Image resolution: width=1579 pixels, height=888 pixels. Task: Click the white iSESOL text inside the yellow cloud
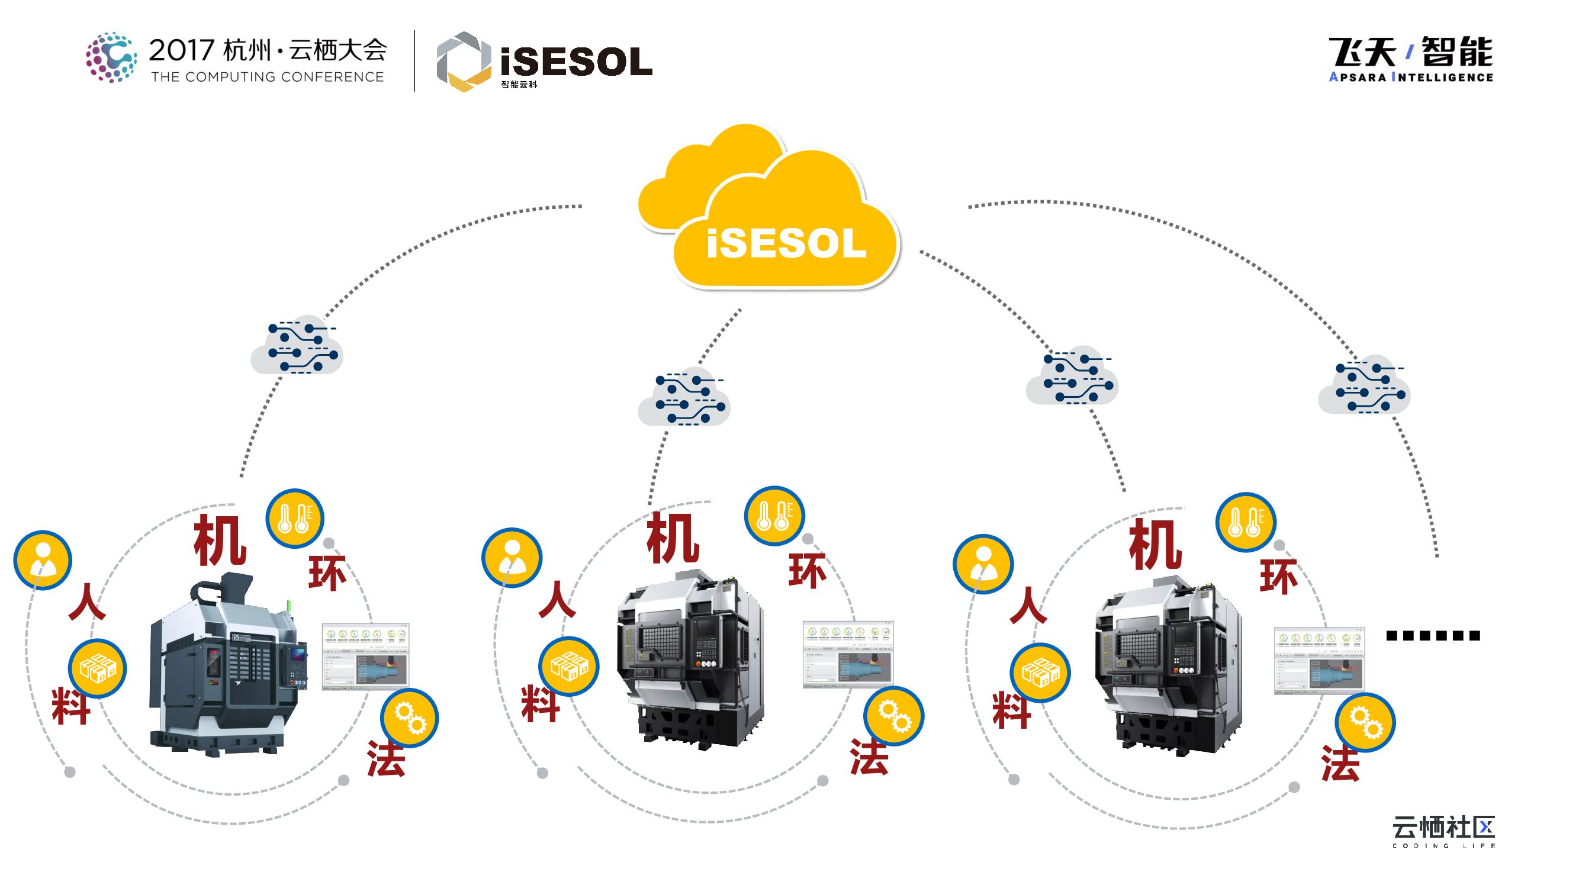[x=786, y=244]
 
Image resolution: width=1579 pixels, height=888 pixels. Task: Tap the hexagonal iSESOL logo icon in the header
[x=464, y=62]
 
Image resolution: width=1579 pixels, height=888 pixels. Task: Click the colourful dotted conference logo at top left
[x=111, y=57]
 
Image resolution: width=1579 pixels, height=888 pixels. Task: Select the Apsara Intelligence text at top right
[x=1410, y=77]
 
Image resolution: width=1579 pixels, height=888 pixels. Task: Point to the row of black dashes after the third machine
[x=1433, y=636]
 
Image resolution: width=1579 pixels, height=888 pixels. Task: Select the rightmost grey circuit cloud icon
[x=1364, y=385]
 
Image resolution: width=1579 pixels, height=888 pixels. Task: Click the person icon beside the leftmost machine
[x=43, y=559]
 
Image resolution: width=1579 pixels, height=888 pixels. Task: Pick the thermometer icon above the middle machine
[x=774, y=516]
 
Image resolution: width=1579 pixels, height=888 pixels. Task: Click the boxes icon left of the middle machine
[x=568, y=667]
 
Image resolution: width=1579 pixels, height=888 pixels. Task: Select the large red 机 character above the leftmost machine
[x=220, y=540]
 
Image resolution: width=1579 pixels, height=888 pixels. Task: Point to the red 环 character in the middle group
[x=806, y=571]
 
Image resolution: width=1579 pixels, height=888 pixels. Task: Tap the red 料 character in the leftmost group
[x=71, y=706]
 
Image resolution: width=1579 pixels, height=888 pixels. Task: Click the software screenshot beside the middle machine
[x=848, y=655]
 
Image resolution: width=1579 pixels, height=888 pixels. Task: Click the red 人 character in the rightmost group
[x=1028, y=605]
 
